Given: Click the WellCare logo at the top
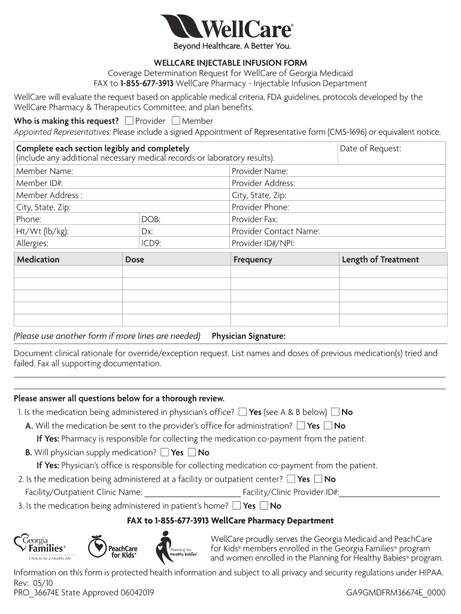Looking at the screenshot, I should pyautogui.click(x=226, y=28).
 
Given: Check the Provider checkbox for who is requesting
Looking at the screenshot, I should pyautogui.click(x=129, y=121).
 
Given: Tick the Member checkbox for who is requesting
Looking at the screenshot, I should pyautogui.click(x=176, y=121).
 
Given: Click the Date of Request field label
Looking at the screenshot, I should pyautogui.click(x=370, y=149).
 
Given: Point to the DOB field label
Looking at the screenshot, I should pyautogui.click(x=151, y=219).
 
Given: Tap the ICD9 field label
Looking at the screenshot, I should pyautogui.click(x=151, y=243).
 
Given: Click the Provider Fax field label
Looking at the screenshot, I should pyautogui.click(x=254, y=219).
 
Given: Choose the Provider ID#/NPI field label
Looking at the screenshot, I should pyautogui.click(x=263, y=243).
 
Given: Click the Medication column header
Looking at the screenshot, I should pyautogui.click(x=38, y=260).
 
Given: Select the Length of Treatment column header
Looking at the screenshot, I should pyautogui.click(x=380, y=260).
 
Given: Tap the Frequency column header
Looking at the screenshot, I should pyautogui.click(x=253, y=260).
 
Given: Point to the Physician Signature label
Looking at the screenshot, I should pyautogui.click(x=248, y=336).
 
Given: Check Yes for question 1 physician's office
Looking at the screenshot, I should pyautogui.click(x=242, y=412).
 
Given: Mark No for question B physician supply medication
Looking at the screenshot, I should pyautogui.click(x=192, y=453).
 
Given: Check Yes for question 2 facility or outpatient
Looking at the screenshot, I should pyautogui.click(x=291, y=479).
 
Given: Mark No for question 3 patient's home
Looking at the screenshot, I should pyautogui.click(x=264, y=505).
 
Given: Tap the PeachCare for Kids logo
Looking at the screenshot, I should pyautogui.click(x=113, y=547).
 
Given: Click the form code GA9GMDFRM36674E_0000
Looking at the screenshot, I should pyautogui.click(x=396, y=593).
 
